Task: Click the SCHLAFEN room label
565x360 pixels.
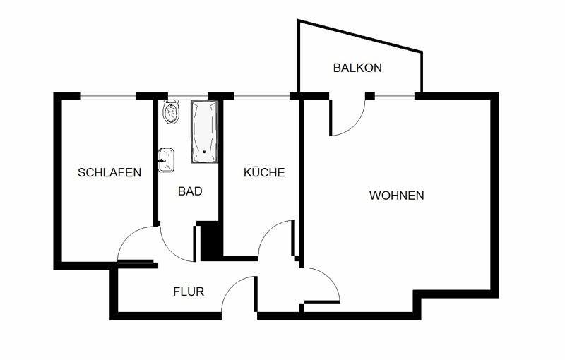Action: (x=109, y=172)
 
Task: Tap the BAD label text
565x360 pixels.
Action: (x=190, y=191)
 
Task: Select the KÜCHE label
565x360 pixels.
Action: (x=264, y=172)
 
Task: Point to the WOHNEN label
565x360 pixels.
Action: (x=396, y=196)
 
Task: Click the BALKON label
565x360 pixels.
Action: (x=357, y=68)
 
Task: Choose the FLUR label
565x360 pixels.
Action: (x=189, y=291)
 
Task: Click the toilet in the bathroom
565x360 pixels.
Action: (x=171, y=113)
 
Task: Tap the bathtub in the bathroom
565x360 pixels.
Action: (x=205, y=132)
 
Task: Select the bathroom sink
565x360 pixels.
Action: (x=167, y=160)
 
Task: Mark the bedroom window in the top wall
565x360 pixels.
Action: (x=107, y=95)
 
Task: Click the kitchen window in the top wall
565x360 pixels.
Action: (x=261, y=95)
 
